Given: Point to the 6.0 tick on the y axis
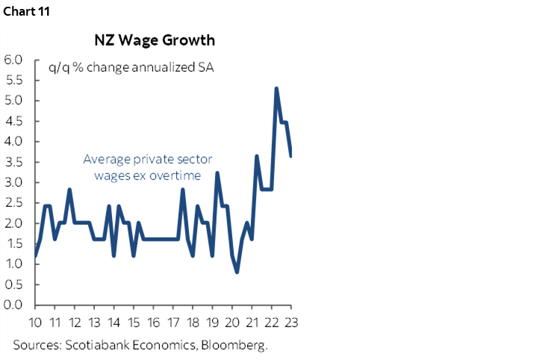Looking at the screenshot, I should [x=15, y=60].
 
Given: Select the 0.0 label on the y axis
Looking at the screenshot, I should [x=15, y=305].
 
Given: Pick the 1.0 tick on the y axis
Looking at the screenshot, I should [x=15, y=264].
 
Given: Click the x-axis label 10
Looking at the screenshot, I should [x=35, y=322].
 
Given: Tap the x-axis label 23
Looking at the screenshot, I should [x=290, y=322].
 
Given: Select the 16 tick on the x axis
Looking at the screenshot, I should [x=153, y=322].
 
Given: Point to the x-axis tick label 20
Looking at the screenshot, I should [x=231, y=322].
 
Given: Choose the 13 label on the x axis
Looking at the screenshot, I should [x=94, y=322].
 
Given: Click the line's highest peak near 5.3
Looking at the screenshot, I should [x=276, y=88].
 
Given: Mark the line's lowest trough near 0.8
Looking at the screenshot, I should [x=237, y=272].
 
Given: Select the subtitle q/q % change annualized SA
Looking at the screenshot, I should [x=131, y=69].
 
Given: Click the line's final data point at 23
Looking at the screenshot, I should [x=290, y=155].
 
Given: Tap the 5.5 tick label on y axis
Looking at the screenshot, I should [x=15, y=80].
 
